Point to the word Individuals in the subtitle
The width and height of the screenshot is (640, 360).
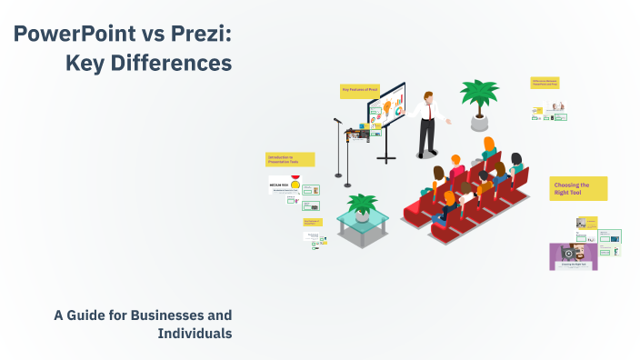pos(195,334)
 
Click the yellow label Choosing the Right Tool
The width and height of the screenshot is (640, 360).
pos(577,188)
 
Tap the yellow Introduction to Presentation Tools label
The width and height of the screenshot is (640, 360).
pos(289,159)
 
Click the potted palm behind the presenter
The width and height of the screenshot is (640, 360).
pos(479,95)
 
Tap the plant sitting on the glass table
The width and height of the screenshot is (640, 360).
pos(363,205)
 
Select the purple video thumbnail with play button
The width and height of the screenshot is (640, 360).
pos(573,256)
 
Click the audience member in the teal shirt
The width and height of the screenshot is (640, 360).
pos(517,164)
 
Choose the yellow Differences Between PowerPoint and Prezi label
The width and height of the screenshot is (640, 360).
pos(545,83)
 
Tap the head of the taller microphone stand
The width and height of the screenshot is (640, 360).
pos(336,121)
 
